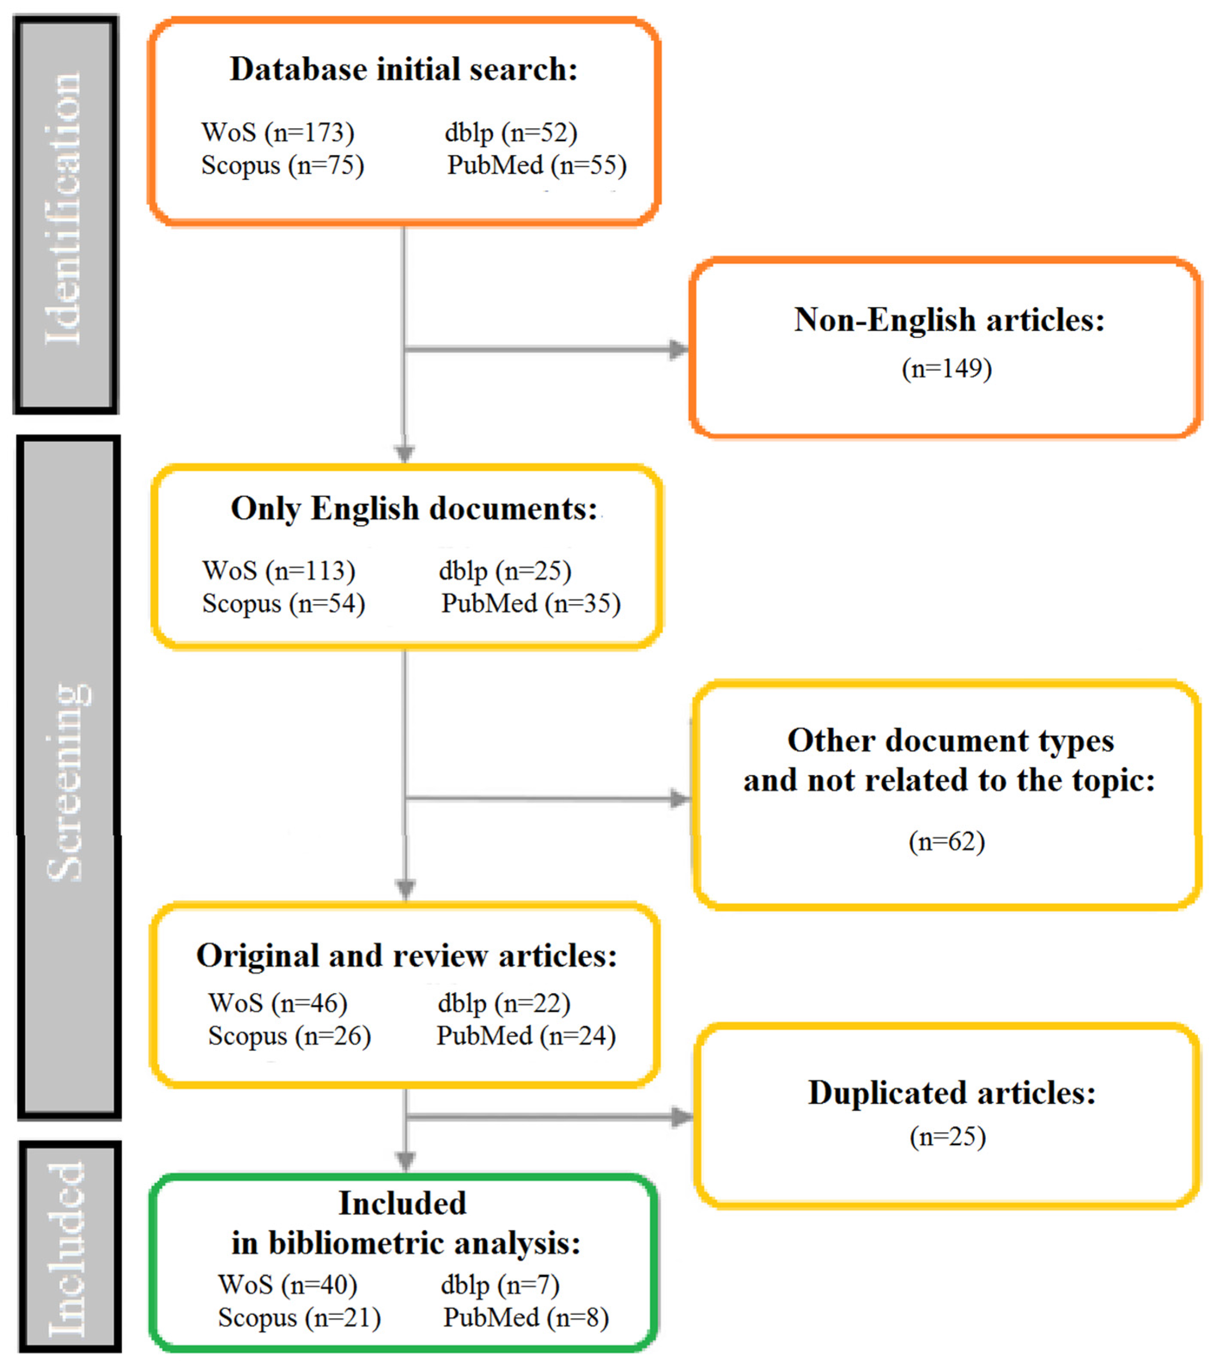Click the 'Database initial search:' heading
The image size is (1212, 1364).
(403, 70)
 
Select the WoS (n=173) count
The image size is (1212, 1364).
(278, 132)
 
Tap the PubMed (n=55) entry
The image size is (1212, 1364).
(537, 165)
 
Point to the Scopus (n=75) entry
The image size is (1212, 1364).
(283, 165)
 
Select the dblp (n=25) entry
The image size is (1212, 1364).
(505, 571)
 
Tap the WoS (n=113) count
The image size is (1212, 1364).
(279, 571)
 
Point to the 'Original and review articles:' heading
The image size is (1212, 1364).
(407, 956)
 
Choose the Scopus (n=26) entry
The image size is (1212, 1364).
(290, 1036)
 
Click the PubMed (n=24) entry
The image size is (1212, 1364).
(526, 1036)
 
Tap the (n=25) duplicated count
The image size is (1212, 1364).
(947, 1136)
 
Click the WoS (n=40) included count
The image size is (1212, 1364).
(288, 1285)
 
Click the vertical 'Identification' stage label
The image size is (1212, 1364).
(65, 210)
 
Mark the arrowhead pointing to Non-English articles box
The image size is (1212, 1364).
(679, 349)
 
